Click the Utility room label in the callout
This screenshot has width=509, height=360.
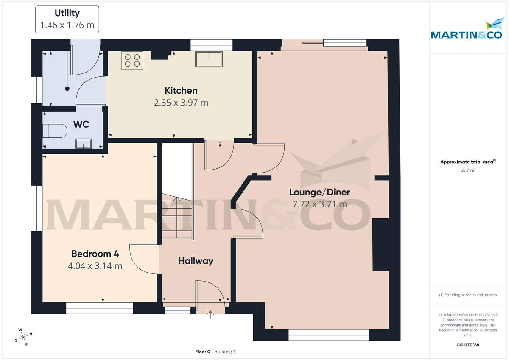(x=67, y=14)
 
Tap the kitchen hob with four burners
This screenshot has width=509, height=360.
(x=132, y=60)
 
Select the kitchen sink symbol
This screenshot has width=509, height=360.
(x=209, y=59)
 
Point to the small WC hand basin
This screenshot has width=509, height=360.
(x=83, y=144)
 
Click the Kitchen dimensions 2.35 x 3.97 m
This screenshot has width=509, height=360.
(x=181, y=103)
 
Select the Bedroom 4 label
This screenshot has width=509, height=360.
(x=95, y=254)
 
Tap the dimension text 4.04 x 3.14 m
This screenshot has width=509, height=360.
(x=95, y=266)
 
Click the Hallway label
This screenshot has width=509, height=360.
(x=196, y=261)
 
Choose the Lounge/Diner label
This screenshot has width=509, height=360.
(x=319, y=192)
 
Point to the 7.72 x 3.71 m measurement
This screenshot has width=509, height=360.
(x=319, y=204)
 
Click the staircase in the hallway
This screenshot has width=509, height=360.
(x=177, y=216)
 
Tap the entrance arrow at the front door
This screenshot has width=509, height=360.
(x=210, y=315)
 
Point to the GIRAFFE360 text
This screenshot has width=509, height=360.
(x=468, y=345)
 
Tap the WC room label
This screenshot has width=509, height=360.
(x=81, y=125)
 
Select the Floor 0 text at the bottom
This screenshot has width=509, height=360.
(x=202, y=352)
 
